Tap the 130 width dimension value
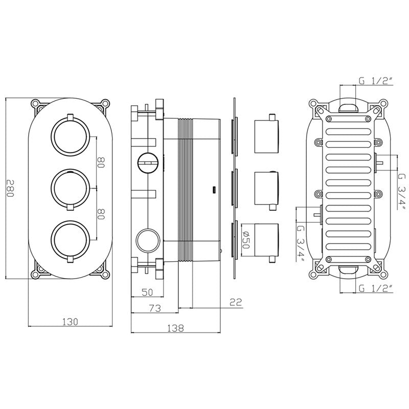pos(70,322)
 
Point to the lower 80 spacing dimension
pos(101,214)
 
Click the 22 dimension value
pos(235,303)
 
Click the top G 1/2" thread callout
pos(375,79)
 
